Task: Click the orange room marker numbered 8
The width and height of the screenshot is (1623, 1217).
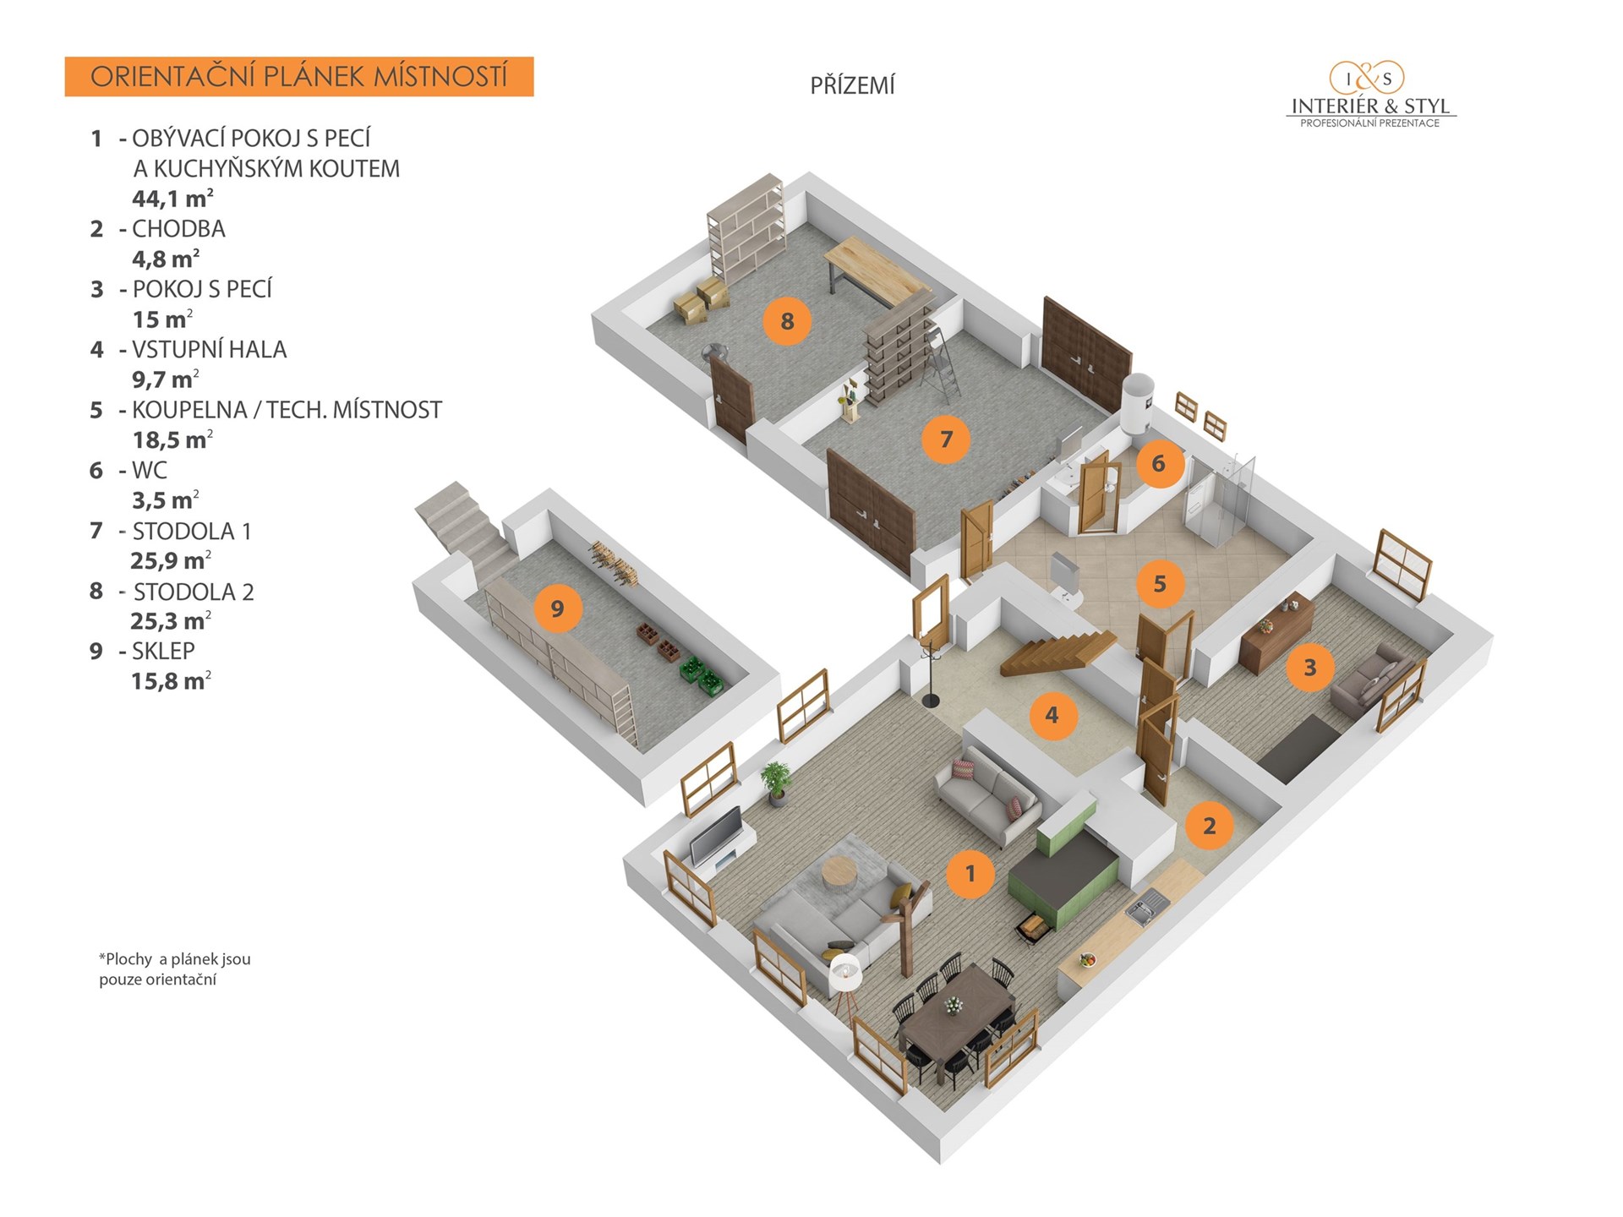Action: pyautogui.click(x=787, y=321)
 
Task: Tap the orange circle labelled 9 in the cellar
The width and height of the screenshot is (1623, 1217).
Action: pyautogui.click(x=557, y=608)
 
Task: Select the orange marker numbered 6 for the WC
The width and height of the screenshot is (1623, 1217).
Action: pyautogui.click(x=1158, y=463)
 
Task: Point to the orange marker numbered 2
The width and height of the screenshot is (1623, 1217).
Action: pyautogui.click(x=1209, y=826)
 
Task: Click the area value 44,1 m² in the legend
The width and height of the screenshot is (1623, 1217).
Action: pyautogui.click(x=172, y=199)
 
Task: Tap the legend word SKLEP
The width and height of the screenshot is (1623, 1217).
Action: pyautogui.click(x=163, y=652)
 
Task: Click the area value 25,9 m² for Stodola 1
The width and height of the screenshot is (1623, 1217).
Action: pyautogui.click(x=171, y=560)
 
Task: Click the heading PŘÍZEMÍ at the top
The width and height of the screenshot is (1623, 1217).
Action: pyautogui.click(x=852, y=85)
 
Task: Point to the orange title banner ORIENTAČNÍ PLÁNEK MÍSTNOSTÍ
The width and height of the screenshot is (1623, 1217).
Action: pyautogui.click(x=299, y=77)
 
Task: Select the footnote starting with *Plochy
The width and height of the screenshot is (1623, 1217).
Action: pyautogui.click(x=175, y=969)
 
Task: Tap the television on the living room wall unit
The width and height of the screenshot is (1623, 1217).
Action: pyautogui.click(x=716, y=833)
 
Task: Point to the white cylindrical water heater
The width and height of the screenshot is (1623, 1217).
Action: pyautogui.click(x=1138, y=404)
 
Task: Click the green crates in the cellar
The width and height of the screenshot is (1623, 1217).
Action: pyautogui.click(x=702, y=674)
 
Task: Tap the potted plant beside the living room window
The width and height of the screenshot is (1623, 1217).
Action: pyautogui.click(x=776, y=782)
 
